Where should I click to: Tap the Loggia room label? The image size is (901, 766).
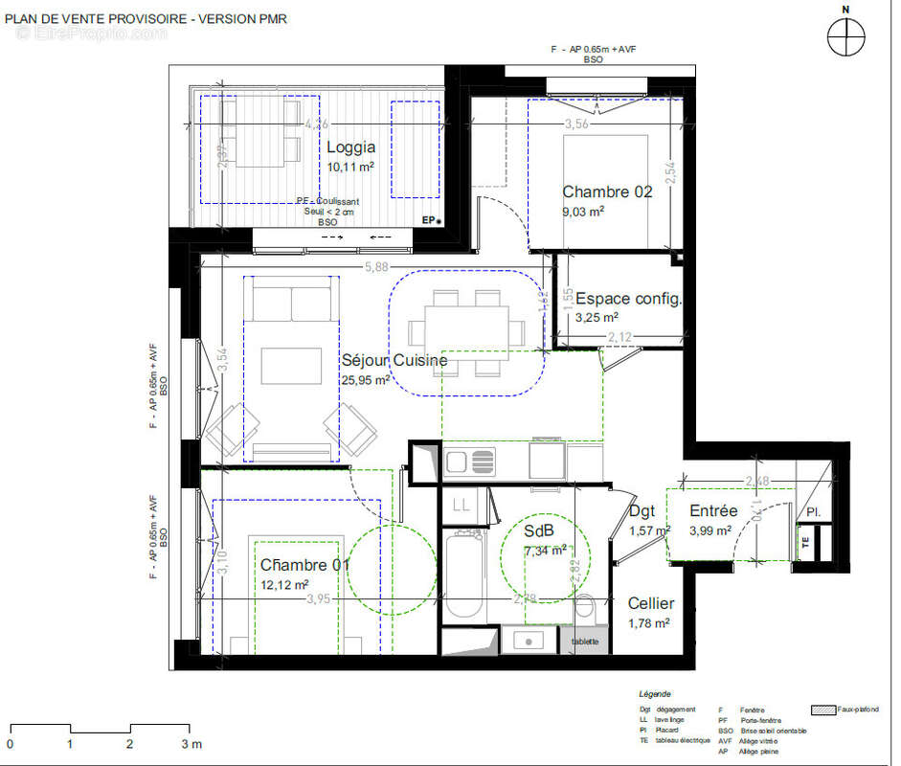350,147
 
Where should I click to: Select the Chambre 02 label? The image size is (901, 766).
607,191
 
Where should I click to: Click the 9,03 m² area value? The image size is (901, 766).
582,212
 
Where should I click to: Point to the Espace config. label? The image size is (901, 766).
628,299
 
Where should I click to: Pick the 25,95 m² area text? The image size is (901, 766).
365,380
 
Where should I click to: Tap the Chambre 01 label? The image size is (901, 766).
304,565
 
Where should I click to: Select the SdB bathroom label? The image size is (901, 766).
540,531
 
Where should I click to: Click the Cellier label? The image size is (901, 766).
651,604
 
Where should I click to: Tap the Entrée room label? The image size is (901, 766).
713,511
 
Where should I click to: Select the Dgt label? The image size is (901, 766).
641,511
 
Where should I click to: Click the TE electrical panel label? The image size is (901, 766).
804,541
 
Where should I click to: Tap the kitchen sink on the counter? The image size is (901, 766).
469,462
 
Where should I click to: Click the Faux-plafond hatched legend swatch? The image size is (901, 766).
822,710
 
